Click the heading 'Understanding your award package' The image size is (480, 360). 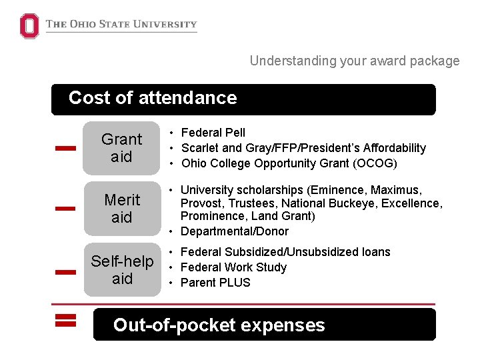(355, 61)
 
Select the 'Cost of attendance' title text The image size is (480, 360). (153, 98)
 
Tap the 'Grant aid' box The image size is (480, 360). (121, 148)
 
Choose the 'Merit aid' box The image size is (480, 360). (121, 209)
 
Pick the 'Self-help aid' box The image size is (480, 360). (122, 270)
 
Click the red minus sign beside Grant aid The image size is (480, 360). (65, 149)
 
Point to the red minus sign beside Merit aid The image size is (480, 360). (65, 209)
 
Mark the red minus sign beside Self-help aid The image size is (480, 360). (65, 271)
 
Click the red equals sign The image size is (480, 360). (65, 321)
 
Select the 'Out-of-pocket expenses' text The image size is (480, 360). (219, 325)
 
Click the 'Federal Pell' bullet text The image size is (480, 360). (213, 133)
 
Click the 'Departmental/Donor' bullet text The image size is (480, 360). (235, 231)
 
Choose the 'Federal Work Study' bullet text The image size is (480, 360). (233, 267)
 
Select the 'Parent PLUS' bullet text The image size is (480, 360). (215, 283)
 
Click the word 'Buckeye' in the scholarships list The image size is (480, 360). (367, 203)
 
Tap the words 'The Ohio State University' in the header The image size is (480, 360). (121, 25)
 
